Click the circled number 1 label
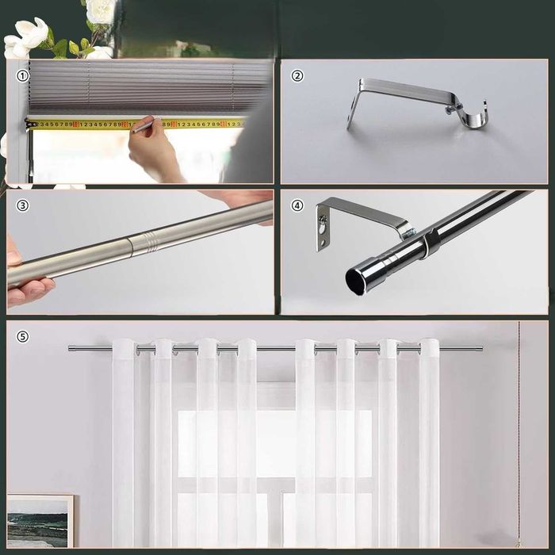(x=22, y=76)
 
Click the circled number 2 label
(x=297, y=76)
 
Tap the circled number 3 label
(x=22, y=205)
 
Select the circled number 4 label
(x=297, y=205)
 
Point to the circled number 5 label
(x=22, y=336)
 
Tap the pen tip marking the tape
(x=134, y=129)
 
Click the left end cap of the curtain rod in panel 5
(x=71, y=348)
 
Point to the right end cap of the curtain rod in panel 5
(x=479, y=348)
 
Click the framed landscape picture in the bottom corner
(x=40, y=520)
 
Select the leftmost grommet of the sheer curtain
(x=124, y=347)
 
